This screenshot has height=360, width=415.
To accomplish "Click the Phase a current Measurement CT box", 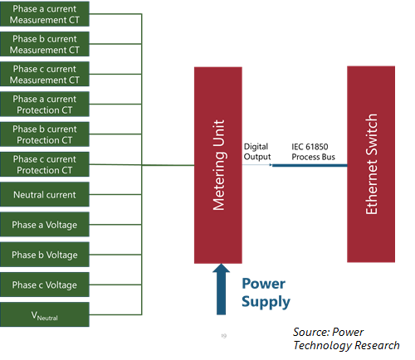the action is (x=45, y=14).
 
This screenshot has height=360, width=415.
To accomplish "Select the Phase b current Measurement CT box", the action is (x=45, y=44).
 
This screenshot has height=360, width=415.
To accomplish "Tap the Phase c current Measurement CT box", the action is (x=45, y=74).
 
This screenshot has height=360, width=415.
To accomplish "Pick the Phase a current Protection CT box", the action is (x=45, y=105).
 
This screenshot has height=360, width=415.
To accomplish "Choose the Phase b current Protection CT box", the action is (x=45, y=134).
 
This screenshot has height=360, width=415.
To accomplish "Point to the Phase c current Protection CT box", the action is (x=45, y=164).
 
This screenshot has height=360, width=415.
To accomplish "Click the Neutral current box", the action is (x=45, y=194).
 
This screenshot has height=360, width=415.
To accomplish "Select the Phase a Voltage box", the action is (x=45, y=225).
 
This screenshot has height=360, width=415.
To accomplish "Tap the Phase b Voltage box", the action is (x=45, y=255).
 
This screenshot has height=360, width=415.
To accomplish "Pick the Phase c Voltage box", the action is (x=45, y=285).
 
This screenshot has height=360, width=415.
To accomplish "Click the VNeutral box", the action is (x=45, y=314).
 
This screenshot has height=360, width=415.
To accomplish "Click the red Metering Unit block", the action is (x=218, y=165).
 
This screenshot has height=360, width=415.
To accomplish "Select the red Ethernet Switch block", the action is (x=371, y=164).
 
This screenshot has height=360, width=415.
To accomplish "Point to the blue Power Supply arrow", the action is (x=221, y=289).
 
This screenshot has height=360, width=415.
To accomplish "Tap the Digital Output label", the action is (x=257, y=152).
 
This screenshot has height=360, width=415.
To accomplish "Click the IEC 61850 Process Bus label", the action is (x=313, y=152).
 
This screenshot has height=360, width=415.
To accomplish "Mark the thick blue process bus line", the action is (x=310, y=165).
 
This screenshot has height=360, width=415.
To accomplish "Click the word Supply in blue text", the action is (x=266, y=302).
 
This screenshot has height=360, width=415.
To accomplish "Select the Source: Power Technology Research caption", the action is (x=346, y=338).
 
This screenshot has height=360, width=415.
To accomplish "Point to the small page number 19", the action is (x=224, y=336).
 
